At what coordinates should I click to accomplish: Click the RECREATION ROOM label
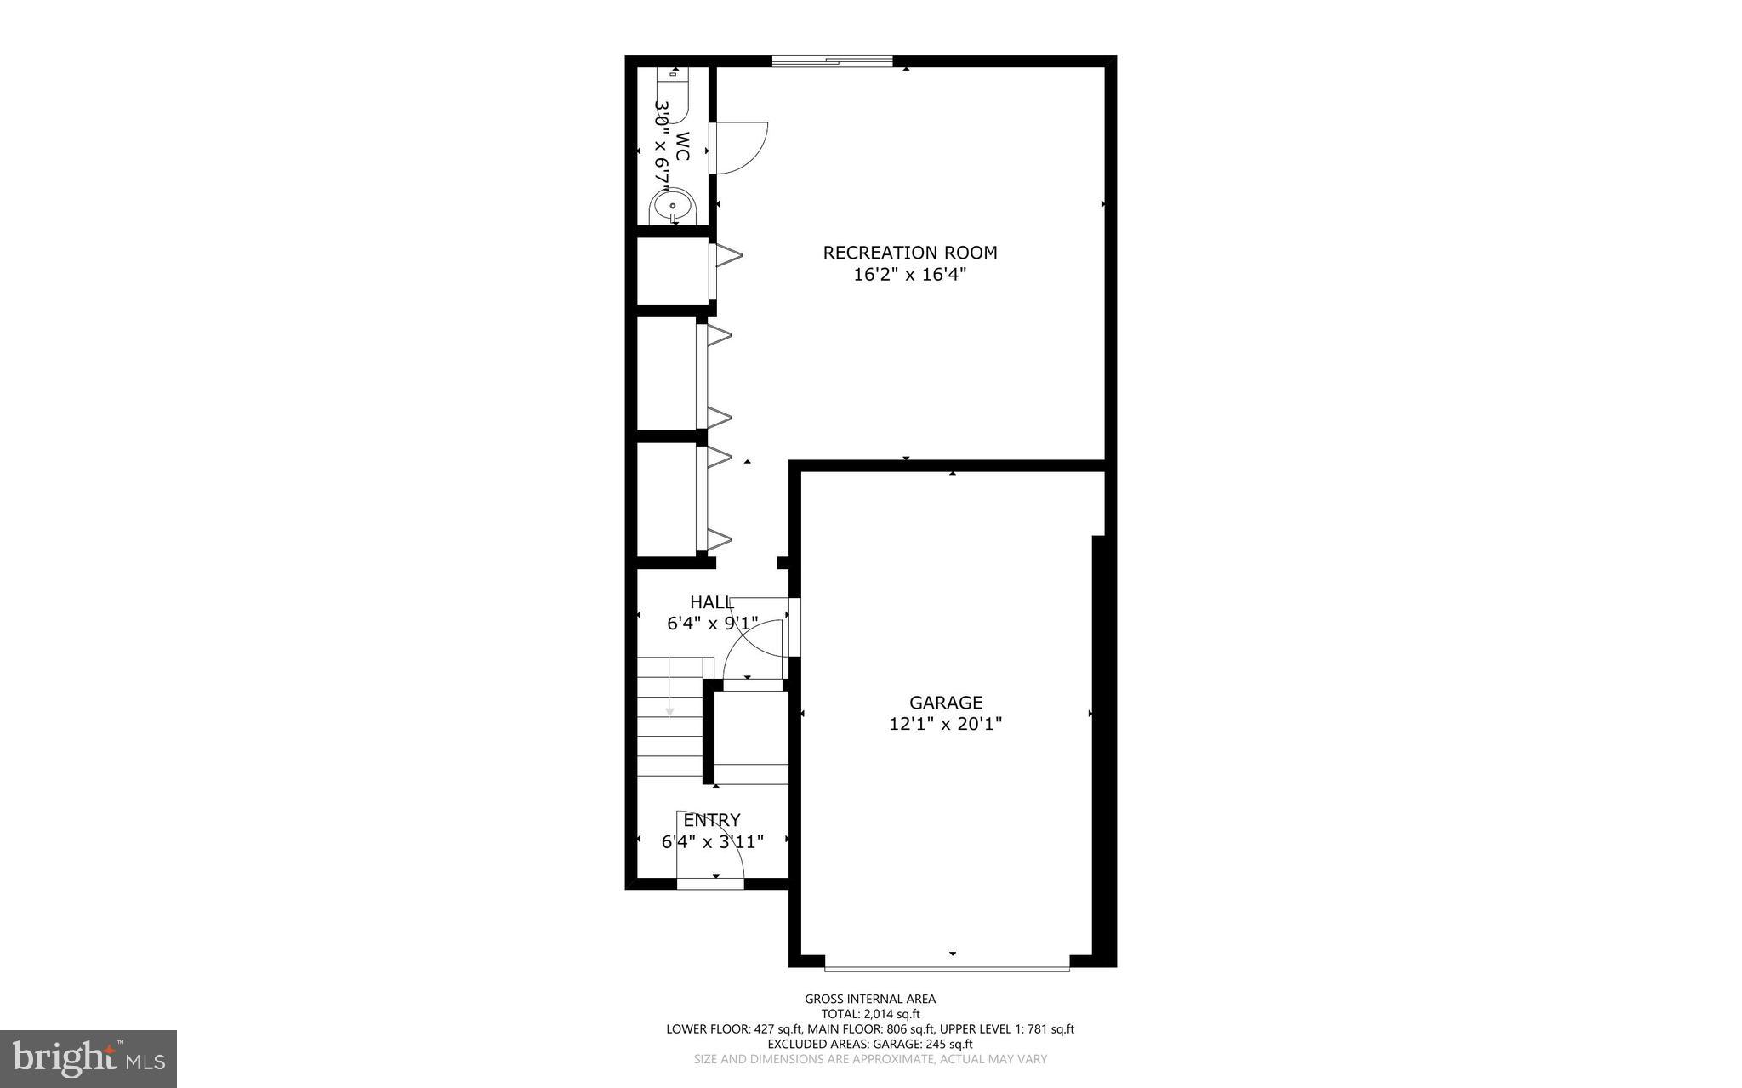coord(909,253)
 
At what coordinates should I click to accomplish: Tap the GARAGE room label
coord(946,703)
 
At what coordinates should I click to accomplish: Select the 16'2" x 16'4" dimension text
coord(910,275)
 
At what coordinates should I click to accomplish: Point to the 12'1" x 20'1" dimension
coord(946,725)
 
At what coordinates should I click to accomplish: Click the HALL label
coord(711,602)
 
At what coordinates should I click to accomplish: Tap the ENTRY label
coord(712,820)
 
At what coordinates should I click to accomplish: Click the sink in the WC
coord(673,207)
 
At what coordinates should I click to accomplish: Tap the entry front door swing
coord(714,846)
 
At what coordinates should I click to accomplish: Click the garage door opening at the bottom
coord(947,967)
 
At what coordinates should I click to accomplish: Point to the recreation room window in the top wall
coord(832,61)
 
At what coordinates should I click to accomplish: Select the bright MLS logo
coord(88,1059)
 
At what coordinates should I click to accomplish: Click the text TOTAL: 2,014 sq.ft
coord(870,1014)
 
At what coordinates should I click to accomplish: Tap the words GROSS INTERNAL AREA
coord(870,1000)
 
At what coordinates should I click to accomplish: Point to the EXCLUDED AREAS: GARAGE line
coord(870,1044)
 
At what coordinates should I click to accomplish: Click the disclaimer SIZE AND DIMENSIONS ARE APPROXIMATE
coord(870,1059)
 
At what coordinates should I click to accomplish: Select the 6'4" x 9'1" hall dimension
coord(712,624)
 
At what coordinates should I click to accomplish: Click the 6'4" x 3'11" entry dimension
coord(713,842)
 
